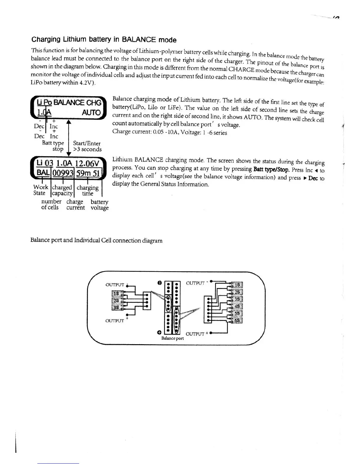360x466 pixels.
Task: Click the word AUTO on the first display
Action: [x=91, y=113]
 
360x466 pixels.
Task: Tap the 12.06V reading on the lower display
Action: [x=87, y=163]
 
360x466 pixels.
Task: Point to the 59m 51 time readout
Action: [x=88, y=173]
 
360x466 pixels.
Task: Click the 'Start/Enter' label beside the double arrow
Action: [x=87, y=143]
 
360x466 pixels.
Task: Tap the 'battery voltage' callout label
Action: [x=99, y=205]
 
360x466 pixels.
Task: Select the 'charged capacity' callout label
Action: [x=62, y=190]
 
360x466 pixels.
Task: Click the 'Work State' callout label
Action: [x=40, y=190]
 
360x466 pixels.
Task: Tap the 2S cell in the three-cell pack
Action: [x=116, y=300]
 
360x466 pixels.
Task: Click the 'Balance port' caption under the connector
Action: [x=173, y=338]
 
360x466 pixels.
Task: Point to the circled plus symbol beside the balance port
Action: [x=159, y=332]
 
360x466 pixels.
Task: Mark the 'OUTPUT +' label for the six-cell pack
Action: [x=197, y=334]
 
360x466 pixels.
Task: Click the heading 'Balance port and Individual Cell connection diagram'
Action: [x=96, y=240]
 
